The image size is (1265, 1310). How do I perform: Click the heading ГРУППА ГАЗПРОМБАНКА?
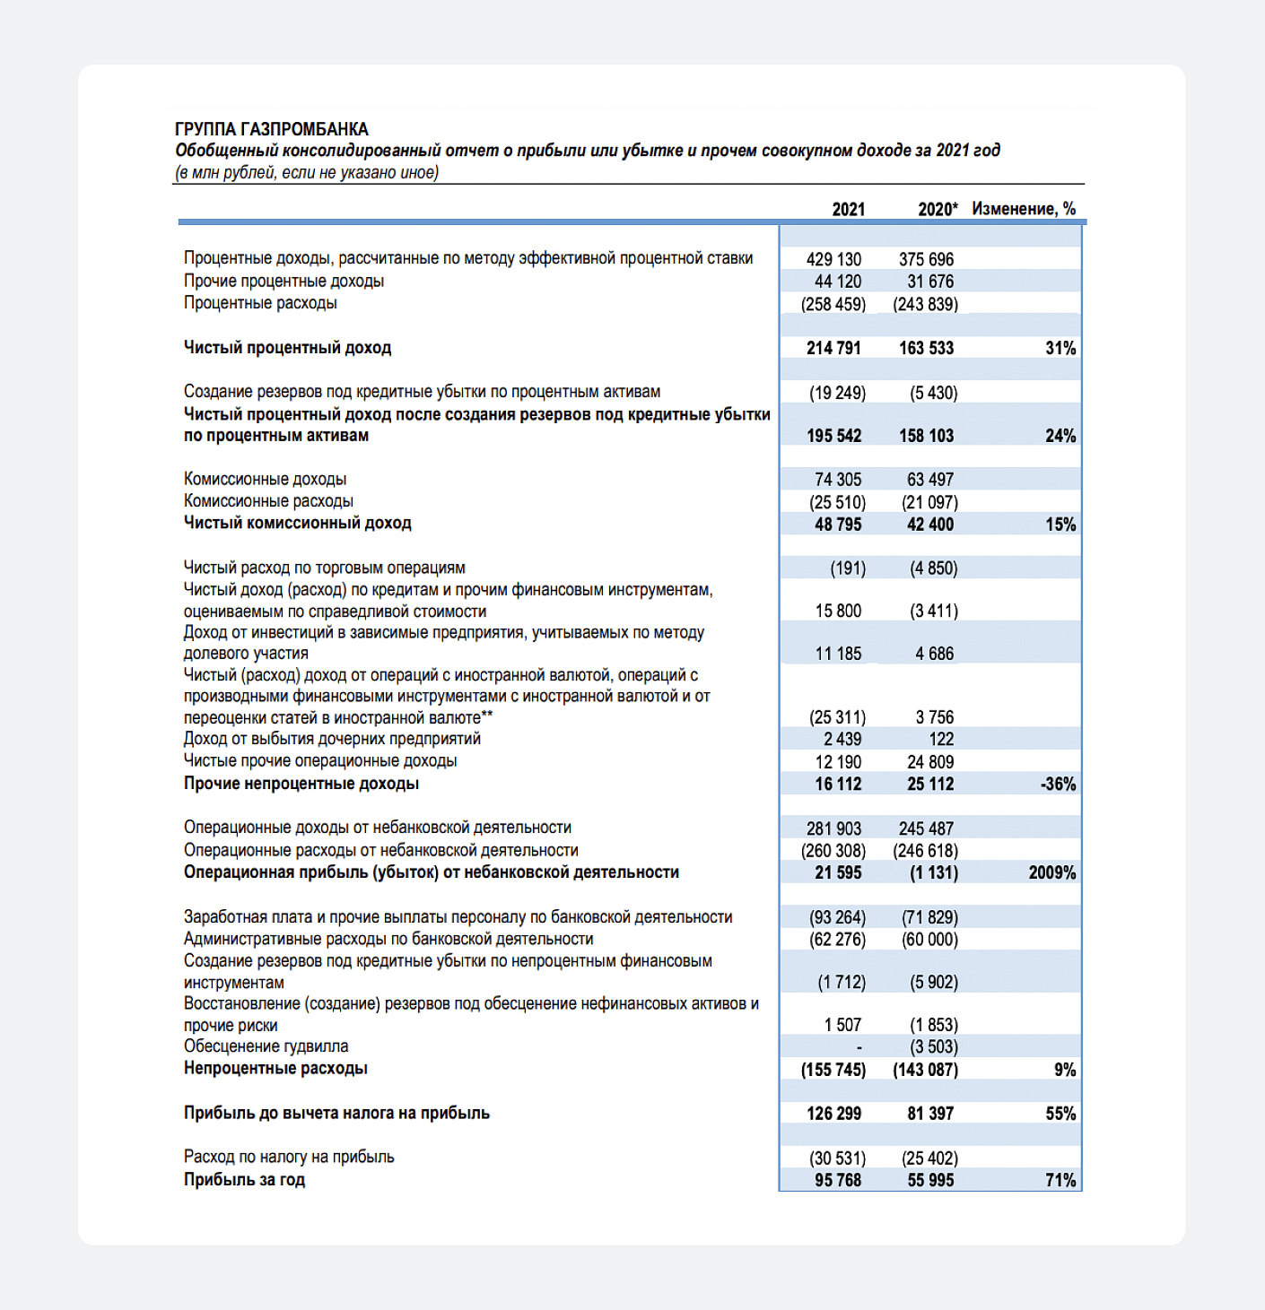(271, 129)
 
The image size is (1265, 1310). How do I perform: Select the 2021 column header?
(848, 209)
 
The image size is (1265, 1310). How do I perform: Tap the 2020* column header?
(937, 209)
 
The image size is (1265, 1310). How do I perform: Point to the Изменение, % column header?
(1023, 209)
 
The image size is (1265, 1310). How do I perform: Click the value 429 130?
(833, 259)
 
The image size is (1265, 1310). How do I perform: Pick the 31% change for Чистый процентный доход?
(1060, 348)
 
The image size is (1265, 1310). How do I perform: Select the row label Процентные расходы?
(260, 303)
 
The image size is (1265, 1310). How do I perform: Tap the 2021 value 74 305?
(838, 480)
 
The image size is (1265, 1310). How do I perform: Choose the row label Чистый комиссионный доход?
(297, 523)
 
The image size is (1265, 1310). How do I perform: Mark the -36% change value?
(1058, 784)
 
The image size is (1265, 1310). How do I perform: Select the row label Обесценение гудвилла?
(266, 1046)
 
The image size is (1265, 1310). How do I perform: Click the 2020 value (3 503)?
(933, 1047)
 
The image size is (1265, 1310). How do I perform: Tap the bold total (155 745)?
(833, 1070)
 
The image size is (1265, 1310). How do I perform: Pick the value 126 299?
(833, 1114)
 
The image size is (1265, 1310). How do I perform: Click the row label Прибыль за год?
(244, 1180)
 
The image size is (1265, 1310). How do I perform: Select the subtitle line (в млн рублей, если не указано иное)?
(306, 172)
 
